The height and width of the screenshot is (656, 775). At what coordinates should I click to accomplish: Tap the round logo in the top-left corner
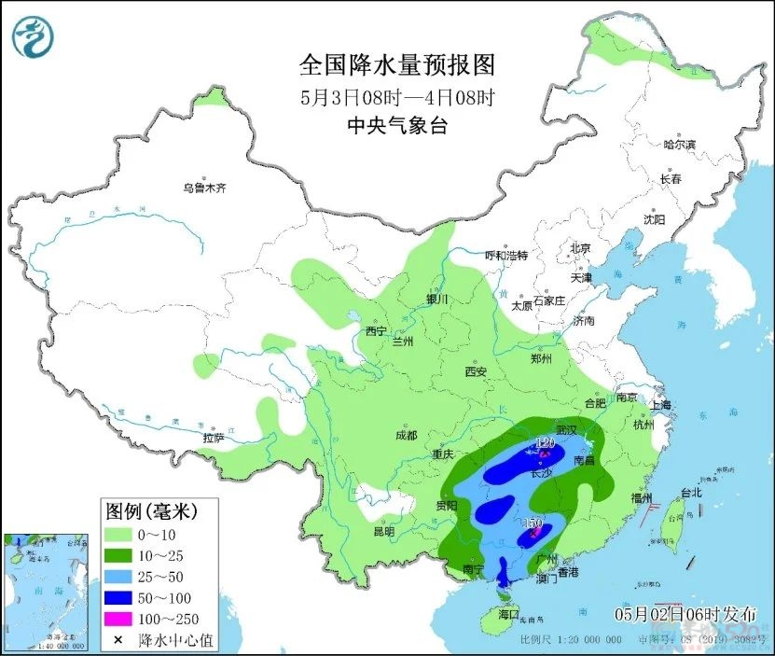pos(33,37)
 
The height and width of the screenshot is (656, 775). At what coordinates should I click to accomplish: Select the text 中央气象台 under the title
pos(396,126)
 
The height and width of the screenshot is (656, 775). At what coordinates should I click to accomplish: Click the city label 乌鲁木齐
pos(204,188)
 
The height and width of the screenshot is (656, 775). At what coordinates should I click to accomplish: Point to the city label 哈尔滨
pos(679,145)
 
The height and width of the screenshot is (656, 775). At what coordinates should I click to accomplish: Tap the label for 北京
pos(580,248)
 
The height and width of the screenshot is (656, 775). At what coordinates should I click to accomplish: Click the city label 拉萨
pos(214,437)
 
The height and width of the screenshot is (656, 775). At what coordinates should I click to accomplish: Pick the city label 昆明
pos(383,531)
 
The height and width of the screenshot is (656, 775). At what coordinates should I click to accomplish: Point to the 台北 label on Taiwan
pos(689,492)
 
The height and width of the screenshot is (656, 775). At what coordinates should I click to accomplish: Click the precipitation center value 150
pos(533,525)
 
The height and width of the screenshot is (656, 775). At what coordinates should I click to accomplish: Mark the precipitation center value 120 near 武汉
pos(546,442)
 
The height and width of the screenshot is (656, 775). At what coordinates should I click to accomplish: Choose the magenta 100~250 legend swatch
pos(118,618)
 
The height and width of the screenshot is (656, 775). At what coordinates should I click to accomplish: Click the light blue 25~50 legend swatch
pos(118,576)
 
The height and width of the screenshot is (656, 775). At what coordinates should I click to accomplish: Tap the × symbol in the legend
pos(118,639)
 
